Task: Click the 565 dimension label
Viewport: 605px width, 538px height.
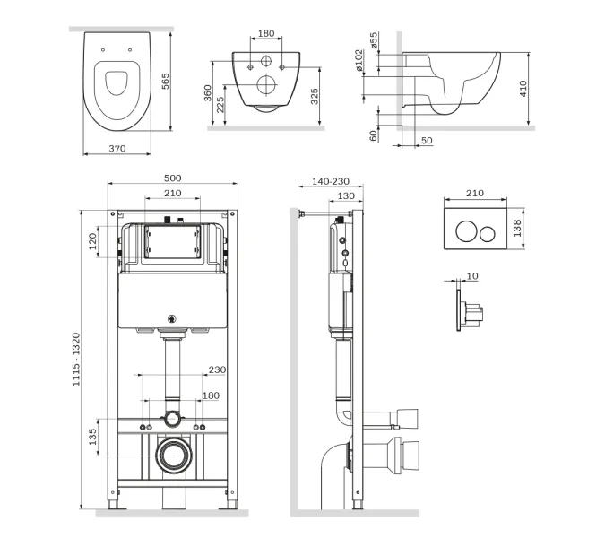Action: click(165, 82)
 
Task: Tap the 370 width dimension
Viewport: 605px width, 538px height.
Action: click(117, 149)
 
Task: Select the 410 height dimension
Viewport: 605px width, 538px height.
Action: click(523, 89)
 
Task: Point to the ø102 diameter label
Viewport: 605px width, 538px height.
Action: click(359, 60)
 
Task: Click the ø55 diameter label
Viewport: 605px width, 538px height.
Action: click(374, 40)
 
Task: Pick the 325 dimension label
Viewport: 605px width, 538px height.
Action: click(315, 97)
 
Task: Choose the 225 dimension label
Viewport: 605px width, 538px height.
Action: click(220, 105)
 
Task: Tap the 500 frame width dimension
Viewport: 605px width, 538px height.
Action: click(172, 178)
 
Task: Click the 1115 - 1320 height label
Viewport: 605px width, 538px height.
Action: click(76, 360)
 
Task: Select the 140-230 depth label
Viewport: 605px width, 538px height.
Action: click(331, 181)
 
